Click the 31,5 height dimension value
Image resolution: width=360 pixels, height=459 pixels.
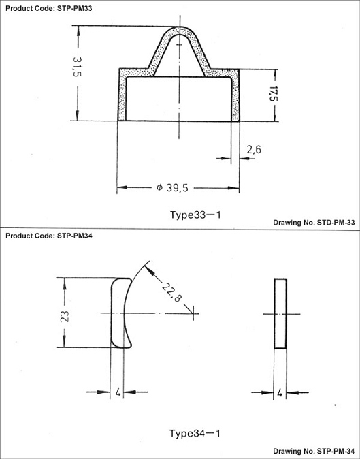point(77,67)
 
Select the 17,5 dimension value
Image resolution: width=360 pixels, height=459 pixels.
point(274,93)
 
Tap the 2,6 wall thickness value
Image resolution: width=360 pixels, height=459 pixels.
point(254,150)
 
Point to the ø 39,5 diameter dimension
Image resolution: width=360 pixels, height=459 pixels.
point(172,188)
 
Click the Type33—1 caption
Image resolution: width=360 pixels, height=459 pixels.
point(195,215)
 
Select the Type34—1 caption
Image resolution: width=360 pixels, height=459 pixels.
point(195,433)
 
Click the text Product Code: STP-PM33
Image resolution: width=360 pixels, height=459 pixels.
point(49,8)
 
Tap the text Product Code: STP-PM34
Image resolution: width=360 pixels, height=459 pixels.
point(49,236)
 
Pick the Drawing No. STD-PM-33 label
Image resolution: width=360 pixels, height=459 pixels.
point(314,223)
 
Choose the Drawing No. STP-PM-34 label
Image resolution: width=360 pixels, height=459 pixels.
point(314,451)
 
